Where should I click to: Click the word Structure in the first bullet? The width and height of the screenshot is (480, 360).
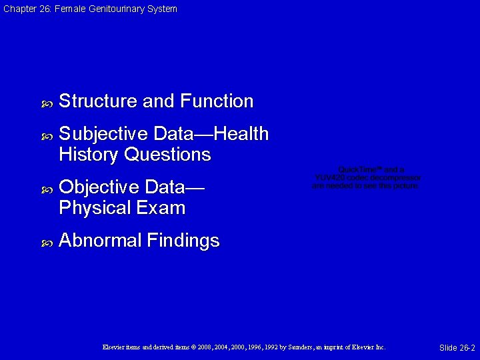99,101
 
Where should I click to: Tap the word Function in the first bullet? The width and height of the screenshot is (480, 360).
217,101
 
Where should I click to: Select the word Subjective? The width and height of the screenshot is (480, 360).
103,135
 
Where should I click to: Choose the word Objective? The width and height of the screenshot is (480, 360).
99,187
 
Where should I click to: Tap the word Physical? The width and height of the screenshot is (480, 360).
95,208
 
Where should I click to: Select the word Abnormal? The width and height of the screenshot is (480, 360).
100,240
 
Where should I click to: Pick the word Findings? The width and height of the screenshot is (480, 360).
183,241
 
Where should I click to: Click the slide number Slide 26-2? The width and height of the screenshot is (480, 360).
457,348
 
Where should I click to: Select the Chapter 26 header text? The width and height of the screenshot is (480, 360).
90,9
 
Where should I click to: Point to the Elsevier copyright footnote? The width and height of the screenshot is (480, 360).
244,347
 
